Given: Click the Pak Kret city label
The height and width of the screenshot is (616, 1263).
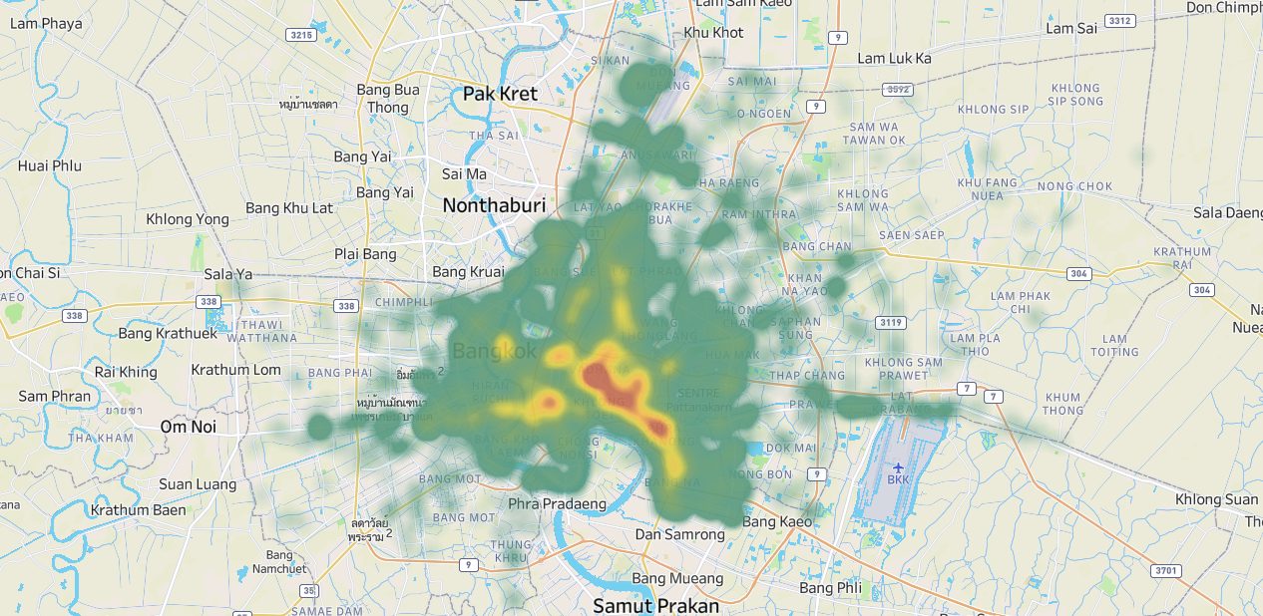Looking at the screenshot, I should pyautogui.click(x=500, y=94).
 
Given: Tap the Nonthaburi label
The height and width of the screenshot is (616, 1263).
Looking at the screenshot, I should pyautogui.click(x=494, y=205).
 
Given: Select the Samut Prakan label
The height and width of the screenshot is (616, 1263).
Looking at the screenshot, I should pyautogui.click(x=655, y=605).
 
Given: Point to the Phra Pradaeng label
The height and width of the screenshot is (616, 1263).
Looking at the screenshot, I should pyautogui.click(x=558, y=503).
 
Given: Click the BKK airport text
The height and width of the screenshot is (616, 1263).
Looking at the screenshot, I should pyautogui.click(x=899, y=478).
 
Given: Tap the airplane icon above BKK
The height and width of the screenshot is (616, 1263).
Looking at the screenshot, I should pyautogui.click(x=899, y=465).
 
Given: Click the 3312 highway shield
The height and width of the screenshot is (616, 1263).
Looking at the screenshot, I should pyautogui.click(x=1120, y=21).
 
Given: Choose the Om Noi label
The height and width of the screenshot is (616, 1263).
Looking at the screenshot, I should pyautogui.click(x=189, y=426).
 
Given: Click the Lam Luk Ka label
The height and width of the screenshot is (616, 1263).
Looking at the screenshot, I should pyautogui.click(x=894, y=59).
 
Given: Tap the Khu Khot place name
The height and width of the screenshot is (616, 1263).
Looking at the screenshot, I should pyautogui.click(x=713, y=33).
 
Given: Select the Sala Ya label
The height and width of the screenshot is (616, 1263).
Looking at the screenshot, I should pyautogui.click(x=228, y=274).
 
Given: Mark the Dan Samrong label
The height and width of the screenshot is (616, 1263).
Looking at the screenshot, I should pyautogui.click(x=680, y=534).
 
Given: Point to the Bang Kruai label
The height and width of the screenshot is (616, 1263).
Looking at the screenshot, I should pyautogui.click(x=468, y=271).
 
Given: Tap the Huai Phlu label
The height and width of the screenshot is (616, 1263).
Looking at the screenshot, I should pyautogui.click(x=50, y=165).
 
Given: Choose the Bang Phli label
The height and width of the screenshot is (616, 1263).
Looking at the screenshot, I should pyautogui.click(x=830, y=587).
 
